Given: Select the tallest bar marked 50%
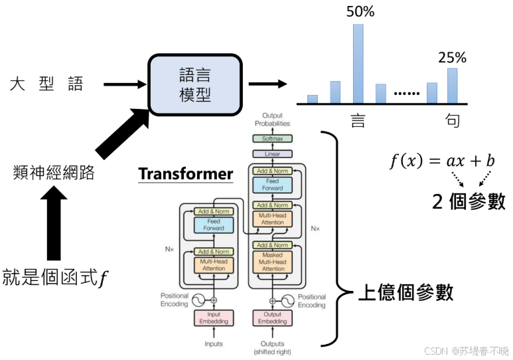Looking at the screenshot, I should (358, 64).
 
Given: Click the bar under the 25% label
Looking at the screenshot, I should (452, 86).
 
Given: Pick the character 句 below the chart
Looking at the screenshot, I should (453, 121).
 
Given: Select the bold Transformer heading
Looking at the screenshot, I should (186, 174).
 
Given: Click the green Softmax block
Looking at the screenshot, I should (272, 139).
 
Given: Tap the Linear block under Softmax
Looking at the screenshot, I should (272, 153).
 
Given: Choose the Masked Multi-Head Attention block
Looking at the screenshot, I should (272, 262).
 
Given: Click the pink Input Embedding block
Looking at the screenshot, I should (213, 318).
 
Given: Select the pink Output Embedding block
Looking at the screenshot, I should (272, 318).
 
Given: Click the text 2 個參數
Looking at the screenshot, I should (469, 201).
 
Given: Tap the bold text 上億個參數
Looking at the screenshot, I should (405, 293).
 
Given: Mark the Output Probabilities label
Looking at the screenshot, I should (272, 120).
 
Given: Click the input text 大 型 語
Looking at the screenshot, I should (46, 84).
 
